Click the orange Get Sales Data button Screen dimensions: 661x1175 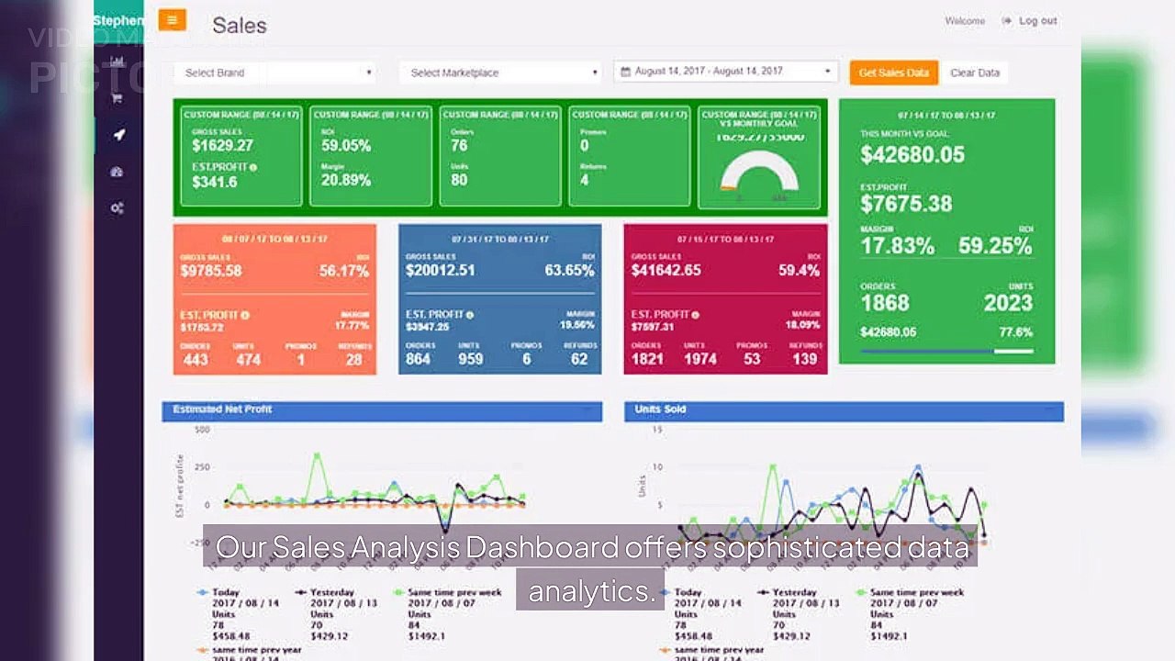893,73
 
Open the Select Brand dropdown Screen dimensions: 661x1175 275,73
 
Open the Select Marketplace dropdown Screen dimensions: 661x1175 499,73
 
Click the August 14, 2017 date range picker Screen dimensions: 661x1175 725,72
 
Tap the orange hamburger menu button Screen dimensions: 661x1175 172,20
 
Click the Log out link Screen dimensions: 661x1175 1036,21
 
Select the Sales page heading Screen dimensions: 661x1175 240,26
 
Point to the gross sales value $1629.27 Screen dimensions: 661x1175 222,145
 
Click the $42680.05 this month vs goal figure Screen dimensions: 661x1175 912,154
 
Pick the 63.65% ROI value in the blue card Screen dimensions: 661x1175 571,271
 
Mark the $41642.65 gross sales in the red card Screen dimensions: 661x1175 666,271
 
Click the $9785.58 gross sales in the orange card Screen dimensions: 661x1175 211,271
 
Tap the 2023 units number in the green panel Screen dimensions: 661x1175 1007,303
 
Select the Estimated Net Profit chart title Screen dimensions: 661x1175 222,409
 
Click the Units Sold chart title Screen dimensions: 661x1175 660,409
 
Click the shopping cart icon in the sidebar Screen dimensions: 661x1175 117,98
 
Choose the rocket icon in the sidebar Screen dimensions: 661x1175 117,135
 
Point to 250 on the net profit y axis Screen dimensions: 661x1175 202,467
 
